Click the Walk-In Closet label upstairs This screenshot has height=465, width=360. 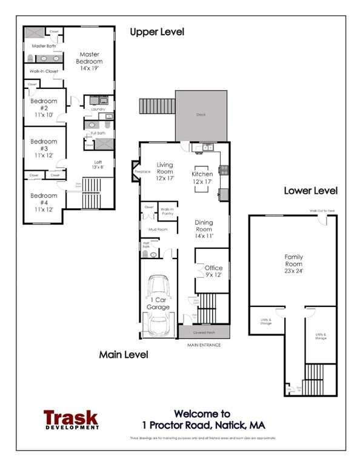coord(44,71)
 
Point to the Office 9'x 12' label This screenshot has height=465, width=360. coord(213,271)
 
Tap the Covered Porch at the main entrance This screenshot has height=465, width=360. coord(204,332)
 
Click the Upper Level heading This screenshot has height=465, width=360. coord(157,31)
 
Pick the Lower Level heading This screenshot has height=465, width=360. coord(311,191)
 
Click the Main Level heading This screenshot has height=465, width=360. coord(124,355)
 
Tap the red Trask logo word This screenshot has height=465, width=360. coord(70,418)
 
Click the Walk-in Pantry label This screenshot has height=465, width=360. coord(167,212)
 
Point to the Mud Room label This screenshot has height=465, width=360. coord(158,230)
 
